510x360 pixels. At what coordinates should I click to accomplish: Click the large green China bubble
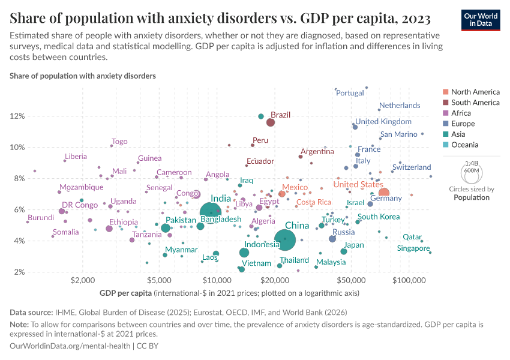(280, 239)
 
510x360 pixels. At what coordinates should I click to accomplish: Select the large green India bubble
(211, 211)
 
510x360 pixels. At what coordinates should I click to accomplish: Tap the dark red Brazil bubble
(271, 122)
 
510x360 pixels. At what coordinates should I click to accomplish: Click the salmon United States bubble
(384, 193)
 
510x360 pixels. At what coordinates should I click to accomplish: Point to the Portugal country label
(350, 93)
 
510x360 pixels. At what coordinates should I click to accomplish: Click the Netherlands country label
(400, 106)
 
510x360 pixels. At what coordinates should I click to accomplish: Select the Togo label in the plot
(119, 142)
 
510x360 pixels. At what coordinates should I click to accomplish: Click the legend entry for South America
(475, 103)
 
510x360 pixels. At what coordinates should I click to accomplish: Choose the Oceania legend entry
(464, 145)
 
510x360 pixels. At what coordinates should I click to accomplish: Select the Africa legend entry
(461, 113)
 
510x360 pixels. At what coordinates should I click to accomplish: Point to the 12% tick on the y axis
(17, 116)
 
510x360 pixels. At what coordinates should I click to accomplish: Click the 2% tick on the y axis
(19, 272)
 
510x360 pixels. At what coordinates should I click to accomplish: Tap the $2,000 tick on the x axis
(80, 280)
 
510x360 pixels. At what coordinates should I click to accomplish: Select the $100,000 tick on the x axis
(409, 280)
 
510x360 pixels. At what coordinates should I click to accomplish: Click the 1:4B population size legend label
(472, 163)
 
